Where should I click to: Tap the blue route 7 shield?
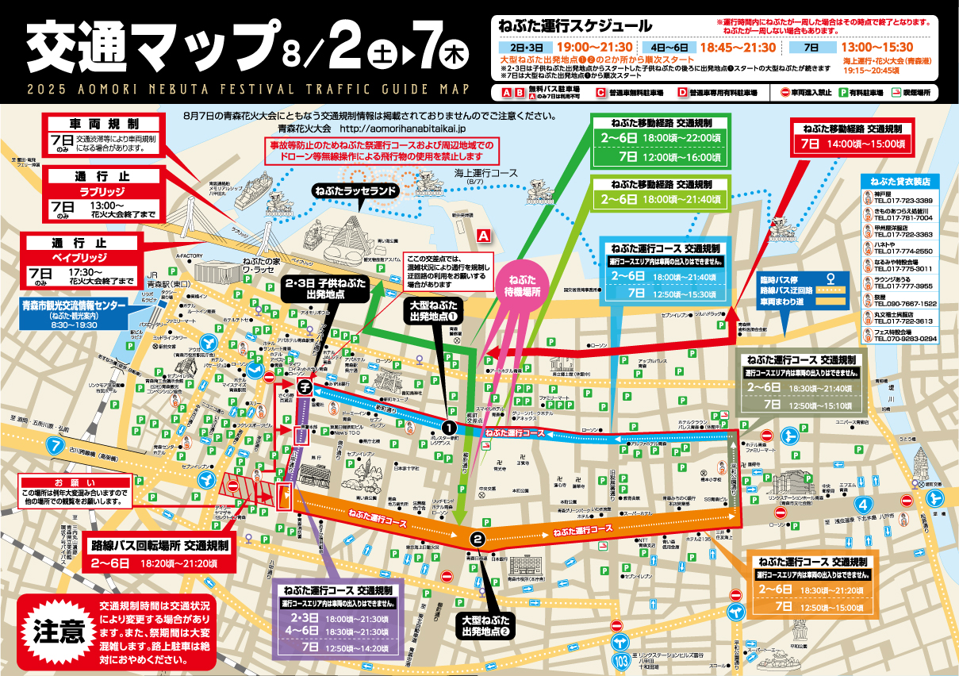point(55,445)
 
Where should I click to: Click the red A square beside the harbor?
point(483,236)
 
